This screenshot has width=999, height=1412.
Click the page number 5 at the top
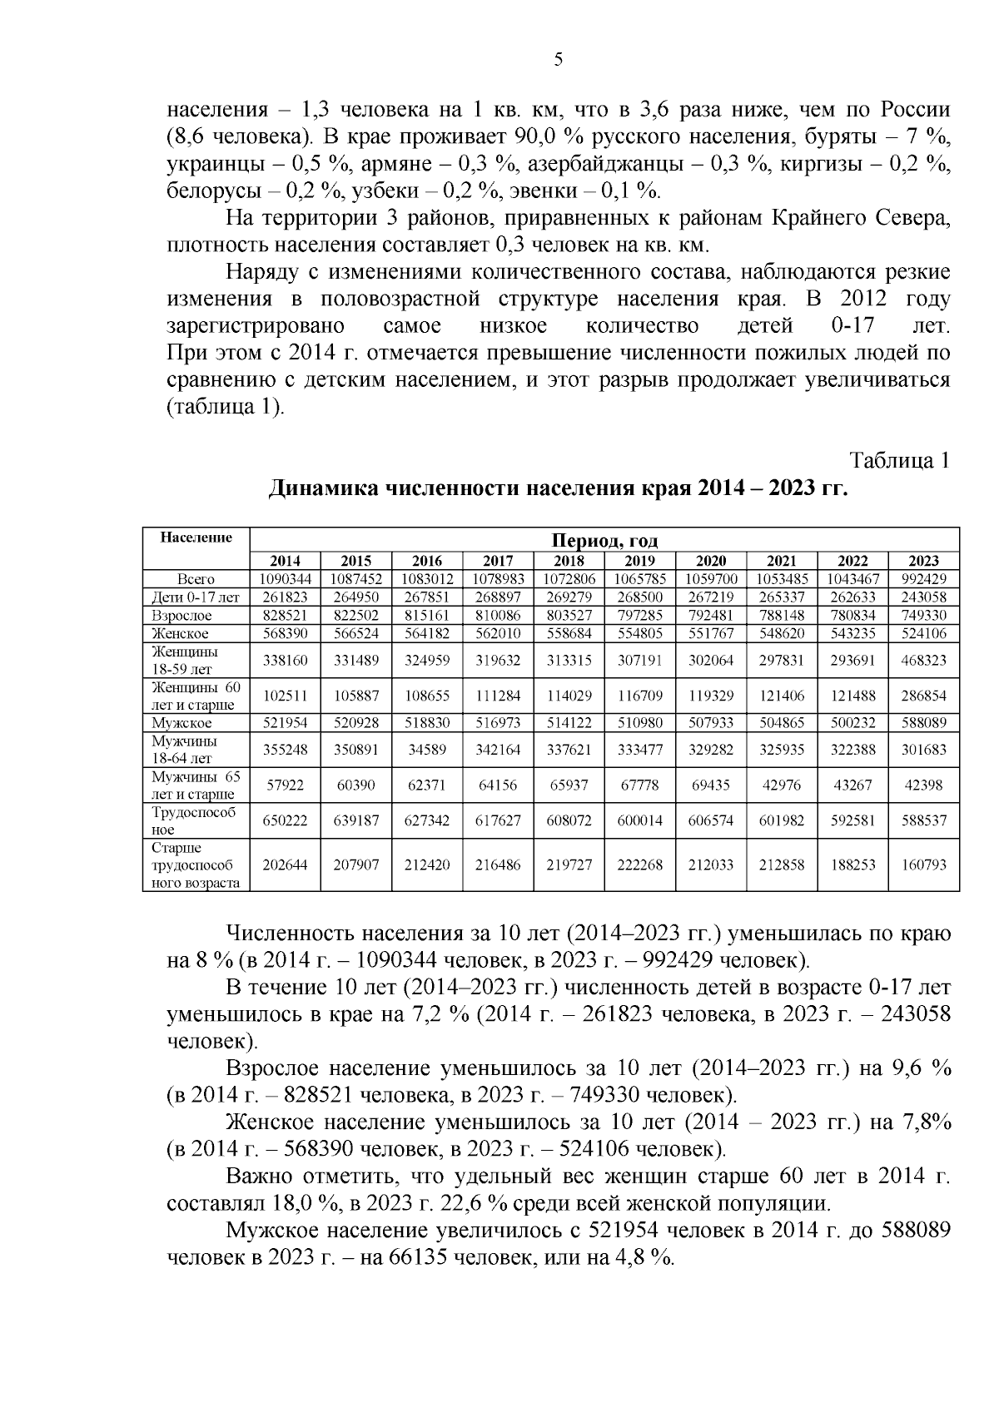tap(559, 58)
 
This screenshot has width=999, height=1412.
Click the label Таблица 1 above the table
tap(899, 461)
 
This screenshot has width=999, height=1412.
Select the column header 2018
tap(569, 561)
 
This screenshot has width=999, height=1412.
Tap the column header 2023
tap(924, 561)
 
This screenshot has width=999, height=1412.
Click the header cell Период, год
tap(605, 541)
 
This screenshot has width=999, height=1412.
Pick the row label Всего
tap(196, 579)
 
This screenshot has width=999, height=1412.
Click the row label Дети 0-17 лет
tap(196, 597)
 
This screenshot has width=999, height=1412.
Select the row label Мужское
tap(181, 724)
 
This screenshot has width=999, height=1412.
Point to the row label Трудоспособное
tap(194, 820)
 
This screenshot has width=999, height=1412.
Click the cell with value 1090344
tap(286, 579)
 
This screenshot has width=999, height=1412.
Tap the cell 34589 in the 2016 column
tap(427, 750)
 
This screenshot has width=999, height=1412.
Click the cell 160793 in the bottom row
tap(924, 865)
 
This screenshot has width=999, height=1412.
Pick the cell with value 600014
tap(640, 820)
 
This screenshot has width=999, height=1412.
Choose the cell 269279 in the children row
tap(569, 597)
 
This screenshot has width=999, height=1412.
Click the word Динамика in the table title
tap(321, 488)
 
